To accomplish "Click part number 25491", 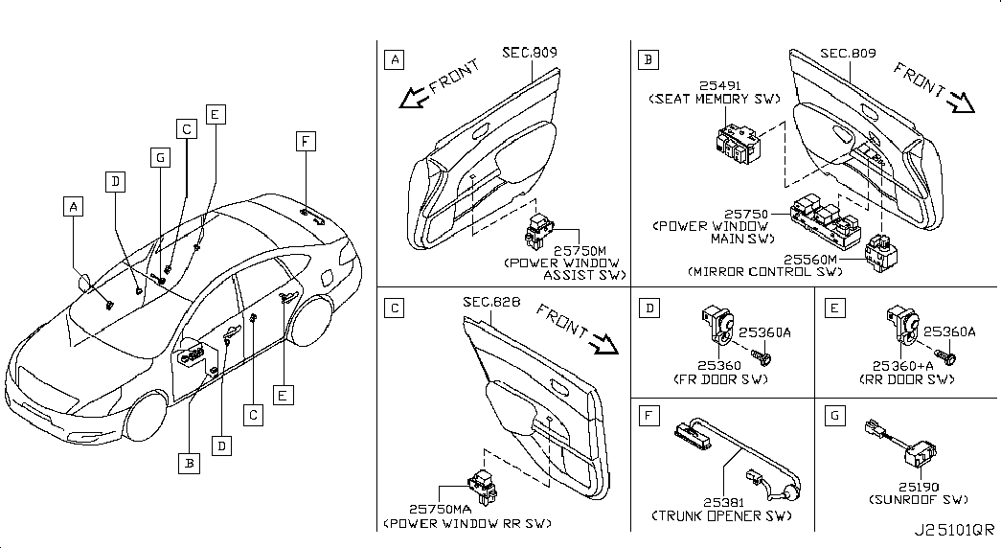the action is click(x=719, y=85).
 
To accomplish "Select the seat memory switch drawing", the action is click(x=738, y=145).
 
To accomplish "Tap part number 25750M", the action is click(x=580, y=252).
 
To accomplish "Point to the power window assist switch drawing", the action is click(x=539, y=231).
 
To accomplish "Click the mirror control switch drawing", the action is click(x=881, y=253).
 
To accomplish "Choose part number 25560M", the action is click(x=810, y=260).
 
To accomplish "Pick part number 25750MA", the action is click(x=440, y=509).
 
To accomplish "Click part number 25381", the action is click(x=724, y=503).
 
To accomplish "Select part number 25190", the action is click(x=919, y=487).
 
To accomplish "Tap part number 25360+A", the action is click(x=902, y=366).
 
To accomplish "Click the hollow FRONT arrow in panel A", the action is click(x=413, y=98).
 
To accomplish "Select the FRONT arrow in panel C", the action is click(x=603, y=344).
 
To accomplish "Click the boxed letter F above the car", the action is click(x=306, y=141).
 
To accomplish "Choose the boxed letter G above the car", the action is click(x=160, y=158).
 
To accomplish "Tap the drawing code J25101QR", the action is click(x=954, y=530).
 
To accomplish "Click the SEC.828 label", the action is click(x=491, y=302).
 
